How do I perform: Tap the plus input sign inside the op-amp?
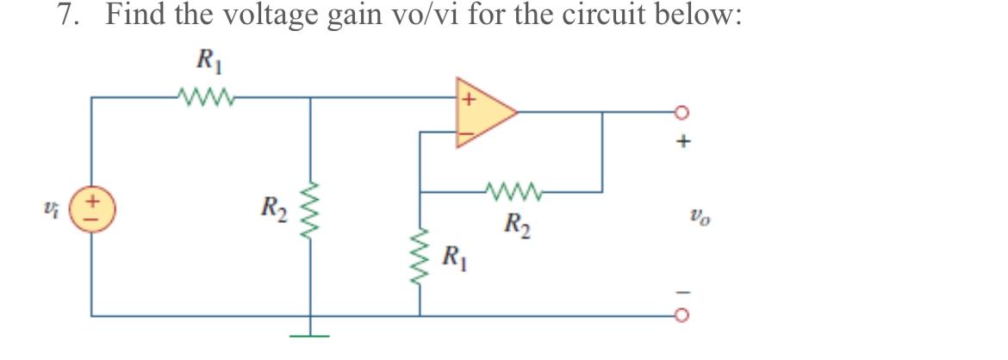click(468, 98)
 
